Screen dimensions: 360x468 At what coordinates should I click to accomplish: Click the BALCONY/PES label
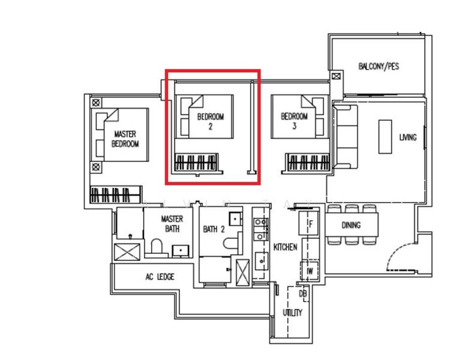378,67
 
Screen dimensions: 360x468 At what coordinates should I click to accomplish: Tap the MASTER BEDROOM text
125,139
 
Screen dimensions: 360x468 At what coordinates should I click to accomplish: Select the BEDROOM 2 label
210,122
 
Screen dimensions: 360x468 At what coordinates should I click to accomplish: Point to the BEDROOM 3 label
294,121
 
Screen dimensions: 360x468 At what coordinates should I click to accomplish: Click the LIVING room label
407,137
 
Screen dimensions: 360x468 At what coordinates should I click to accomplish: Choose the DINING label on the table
351,226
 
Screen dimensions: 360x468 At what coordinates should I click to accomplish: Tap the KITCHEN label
285,247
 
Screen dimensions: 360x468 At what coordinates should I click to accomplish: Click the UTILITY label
293,313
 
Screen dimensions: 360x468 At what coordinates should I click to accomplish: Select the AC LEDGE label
160,277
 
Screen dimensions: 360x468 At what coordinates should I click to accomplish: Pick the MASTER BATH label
172,224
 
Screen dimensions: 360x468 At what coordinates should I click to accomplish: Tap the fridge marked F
310,224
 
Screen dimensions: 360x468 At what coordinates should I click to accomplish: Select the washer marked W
310,271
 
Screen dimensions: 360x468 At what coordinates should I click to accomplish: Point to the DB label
302,294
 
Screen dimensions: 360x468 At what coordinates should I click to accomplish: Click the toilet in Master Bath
157,247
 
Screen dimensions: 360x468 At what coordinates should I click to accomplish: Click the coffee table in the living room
385,137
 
